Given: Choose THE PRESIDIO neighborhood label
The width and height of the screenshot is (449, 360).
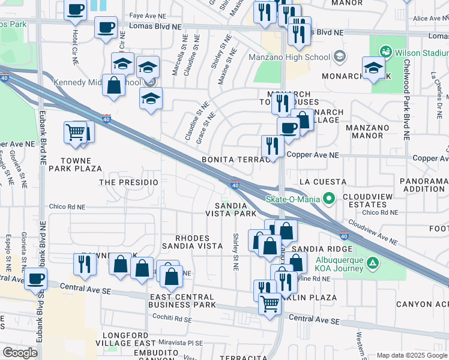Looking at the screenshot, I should tap(128, 182).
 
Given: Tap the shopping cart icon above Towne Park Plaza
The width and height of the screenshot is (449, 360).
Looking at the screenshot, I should tap(75, 131).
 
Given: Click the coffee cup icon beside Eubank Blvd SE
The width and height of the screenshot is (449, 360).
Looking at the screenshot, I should tap(36, 278).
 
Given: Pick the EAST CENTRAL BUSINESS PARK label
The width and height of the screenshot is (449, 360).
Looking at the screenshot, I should tap(182, 301).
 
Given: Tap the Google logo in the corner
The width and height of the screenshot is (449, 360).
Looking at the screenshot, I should tap(20, 353).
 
